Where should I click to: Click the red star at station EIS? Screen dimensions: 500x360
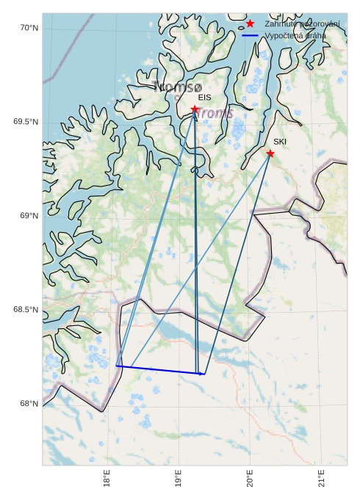pyautogui.click(x=195, y=109)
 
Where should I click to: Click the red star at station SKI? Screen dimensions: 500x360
pyautogui.click(x=270, y=153)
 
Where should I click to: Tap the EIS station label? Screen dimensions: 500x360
pyautogui.click(x=204, y=97)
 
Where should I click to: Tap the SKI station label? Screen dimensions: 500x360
pyautogui.click(x=280, y=141)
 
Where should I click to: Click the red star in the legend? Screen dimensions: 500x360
pyautogui.click(x=251, y=24)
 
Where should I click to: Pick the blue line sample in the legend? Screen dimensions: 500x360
pyautogui.click(x=251, y=35)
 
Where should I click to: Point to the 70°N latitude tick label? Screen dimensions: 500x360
pyautogui.click(x=29, y=28)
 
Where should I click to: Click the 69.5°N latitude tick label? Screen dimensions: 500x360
pyautogui.click(x=25, y=122)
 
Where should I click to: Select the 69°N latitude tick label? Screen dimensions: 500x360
pyautogui.click(x=29, y=216)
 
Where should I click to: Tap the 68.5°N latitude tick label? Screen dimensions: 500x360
pyautogui.click(x=25, y=310)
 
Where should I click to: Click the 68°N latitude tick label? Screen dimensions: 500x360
pyautogui.click(x=29, y=404)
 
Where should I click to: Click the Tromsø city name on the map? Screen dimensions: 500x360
pyautogui.click(x=177, y=87)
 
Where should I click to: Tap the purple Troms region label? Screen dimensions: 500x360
pyautogui.click(x=215, y=113)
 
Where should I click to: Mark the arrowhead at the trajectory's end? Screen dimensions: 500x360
pyautogui.click(x=203, y=374)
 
